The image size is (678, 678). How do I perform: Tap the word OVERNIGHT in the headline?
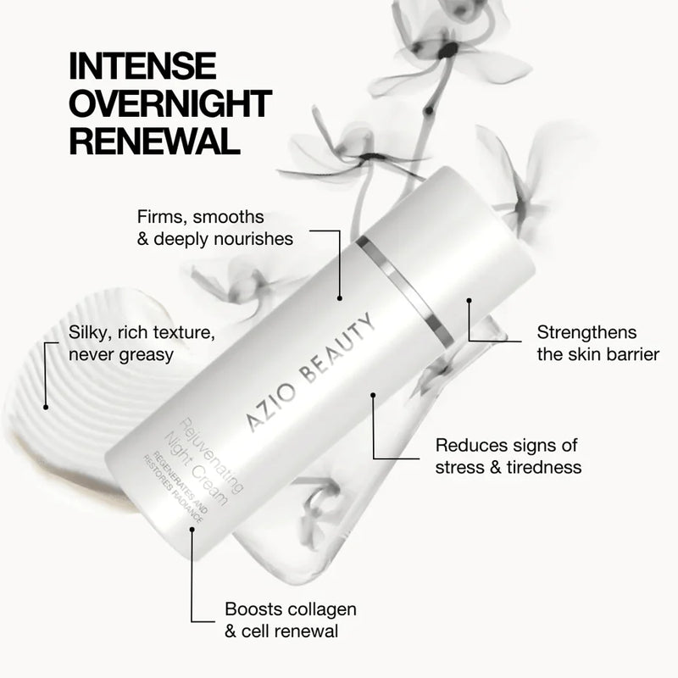coord(169,103)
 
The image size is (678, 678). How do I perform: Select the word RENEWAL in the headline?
coord(149,141)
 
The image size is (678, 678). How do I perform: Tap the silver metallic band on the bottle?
coord(397,288)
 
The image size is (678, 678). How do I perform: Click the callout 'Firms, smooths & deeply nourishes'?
coord(214,228)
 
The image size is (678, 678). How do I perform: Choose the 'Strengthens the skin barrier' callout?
coord(597,343)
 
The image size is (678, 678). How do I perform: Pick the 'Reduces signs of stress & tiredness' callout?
coord(507,456)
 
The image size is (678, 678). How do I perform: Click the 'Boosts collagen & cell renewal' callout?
coord(290,620)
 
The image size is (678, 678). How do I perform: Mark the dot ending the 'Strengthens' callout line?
coord(468,299)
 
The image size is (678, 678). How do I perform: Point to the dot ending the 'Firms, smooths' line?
coord(339,297)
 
